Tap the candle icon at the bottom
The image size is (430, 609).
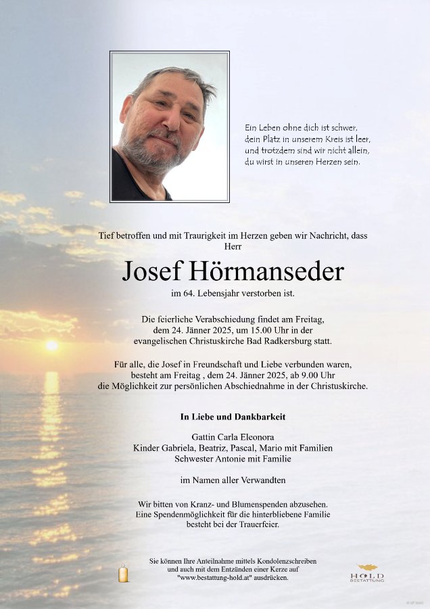pyautogui.click(x=123, y=574)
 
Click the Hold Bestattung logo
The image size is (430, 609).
pyautogui.click(x=367, y=573)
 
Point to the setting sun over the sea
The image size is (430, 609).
pyautogui.click(x=51, y=345)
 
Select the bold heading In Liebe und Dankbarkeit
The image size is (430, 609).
pyautogui.click(x=233, y=418)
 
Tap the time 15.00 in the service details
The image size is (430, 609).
pyautogui.click(x=264, y=329)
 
